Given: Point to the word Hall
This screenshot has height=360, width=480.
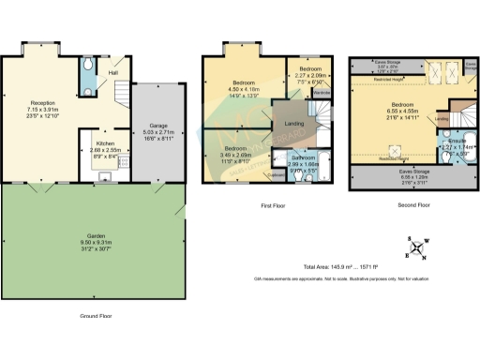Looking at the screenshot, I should (112, 72).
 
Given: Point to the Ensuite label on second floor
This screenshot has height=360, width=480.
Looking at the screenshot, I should (446, 141).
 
